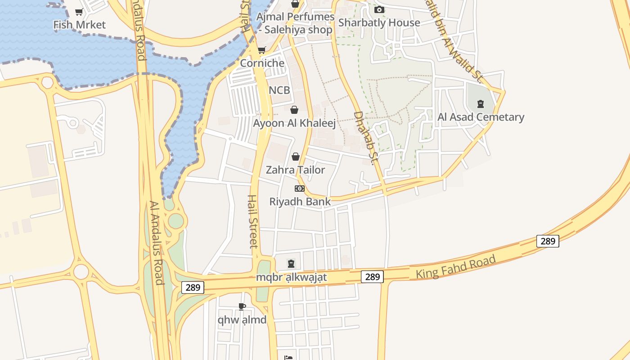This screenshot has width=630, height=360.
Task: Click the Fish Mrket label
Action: [79, 25]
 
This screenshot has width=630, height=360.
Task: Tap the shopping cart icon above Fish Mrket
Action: [79, 12]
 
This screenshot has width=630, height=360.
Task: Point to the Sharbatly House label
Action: [379, 22]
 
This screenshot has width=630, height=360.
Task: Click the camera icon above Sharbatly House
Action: [379, 9]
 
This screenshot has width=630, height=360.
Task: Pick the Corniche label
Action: [262, 63]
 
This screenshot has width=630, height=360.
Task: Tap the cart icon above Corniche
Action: [261, 50]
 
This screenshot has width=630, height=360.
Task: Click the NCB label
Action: [279, 90]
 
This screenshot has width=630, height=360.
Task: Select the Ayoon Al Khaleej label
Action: [294, 123]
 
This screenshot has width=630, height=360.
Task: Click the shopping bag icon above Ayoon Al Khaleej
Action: [294, 110]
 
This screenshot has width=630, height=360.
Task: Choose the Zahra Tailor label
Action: [295, 170]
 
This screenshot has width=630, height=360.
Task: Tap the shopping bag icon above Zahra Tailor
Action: [296, 157]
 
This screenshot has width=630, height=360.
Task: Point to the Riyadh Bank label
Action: [300, 201]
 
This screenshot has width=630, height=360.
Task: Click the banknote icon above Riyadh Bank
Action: [300, 188]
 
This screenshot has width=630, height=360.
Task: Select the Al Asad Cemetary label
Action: [481, 117]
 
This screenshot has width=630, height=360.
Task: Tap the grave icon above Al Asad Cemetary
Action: [481, 104]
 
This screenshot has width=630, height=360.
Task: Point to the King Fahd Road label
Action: [456, 266]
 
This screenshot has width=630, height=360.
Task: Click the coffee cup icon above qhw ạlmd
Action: [242, 307]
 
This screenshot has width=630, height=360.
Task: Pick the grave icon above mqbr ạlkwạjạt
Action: [291, 263]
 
